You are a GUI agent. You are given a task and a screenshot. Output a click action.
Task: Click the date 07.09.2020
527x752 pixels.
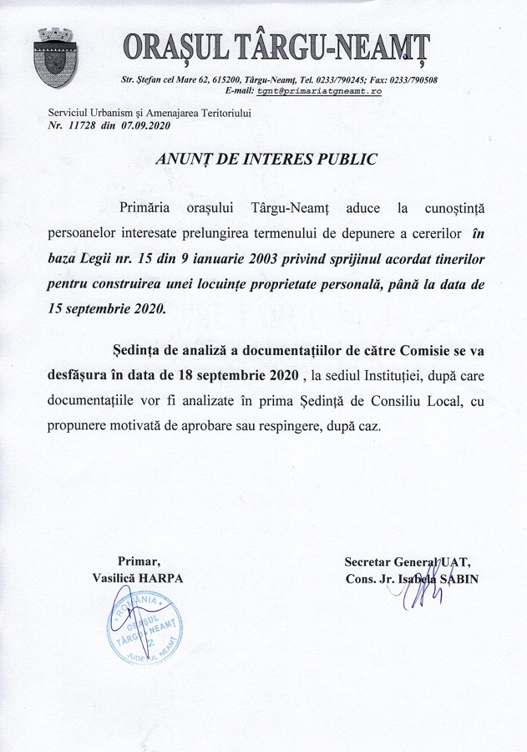[146, 125]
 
